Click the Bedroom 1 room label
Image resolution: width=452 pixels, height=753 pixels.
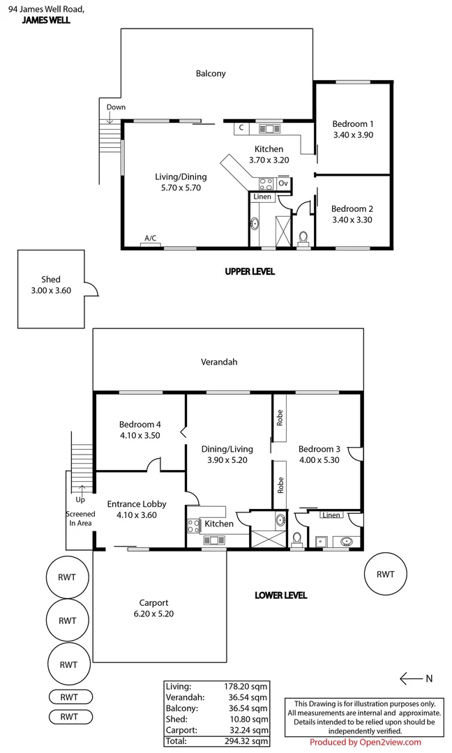352,124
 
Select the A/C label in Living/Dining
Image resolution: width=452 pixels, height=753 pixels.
150,238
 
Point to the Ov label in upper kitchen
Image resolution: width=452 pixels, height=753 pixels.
282,183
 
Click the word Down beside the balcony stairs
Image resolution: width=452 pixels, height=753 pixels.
116,107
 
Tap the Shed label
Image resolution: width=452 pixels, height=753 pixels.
51,280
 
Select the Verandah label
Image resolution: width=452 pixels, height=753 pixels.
219,362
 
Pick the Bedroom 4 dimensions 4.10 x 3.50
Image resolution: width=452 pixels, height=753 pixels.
140,435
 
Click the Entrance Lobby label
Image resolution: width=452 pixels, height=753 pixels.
136,504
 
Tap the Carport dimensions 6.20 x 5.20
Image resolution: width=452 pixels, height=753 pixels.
153,614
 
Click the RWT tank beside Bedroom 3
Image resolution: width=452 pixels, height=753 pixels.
385,575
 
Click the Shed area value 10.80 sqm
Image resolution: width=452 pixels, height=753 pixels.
249,720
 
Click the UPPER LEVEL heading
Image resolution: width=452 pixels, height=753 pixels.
249,271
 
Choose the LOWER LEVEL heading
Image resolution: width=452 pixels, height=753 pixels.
280,595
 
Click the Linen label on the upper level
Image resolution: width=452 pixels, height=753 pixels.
262,197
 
